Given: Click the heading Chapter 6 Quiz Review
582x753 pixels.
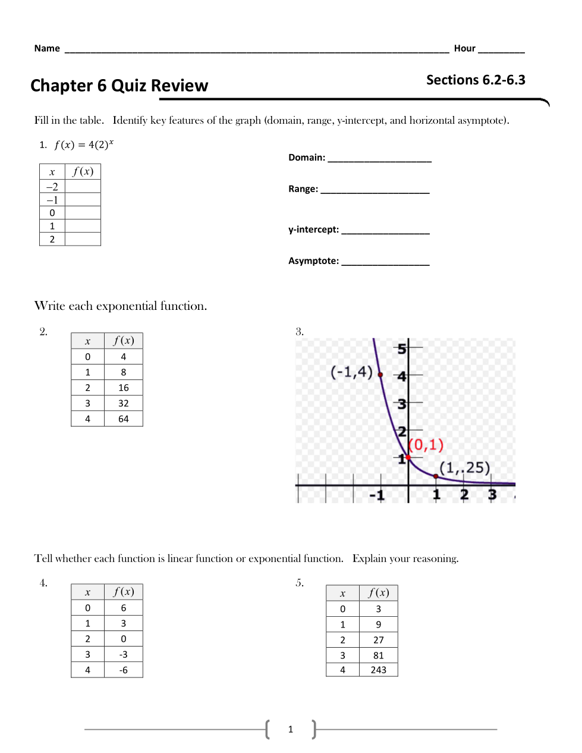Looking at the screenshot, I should coord(119,86).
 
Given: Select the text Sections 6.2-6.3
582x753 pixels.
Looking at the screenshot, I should coord(476,80).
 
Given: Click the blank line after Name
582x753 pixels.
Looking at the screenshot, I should coord(256,50).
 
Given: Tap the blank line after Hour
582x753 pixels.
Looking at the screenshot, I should coord(501,50).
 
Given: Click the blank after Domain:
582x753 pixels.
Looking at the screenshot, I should coord(379,159).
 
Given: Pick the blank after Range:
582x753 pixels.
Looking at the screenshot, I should coord(375,190).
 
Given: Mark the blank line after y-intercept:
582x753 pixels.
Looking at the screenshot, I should coord(385,231).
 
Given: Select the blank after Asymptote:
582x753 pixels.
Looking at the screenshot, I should coord(385,262).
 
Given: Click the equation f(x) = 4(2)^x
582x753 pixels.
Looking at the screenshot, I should coord(84,145).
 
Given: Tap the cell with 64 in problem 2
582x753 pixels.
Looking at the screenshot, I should coord(124,419).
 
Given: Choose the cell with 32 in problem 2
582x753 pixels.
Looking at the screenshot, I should coord(124,403).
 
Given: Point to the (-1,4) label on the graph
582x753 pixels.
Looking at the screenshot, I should coord(351,372).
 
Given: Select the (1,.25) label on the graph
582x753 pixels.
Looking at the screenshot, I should coord(464,468).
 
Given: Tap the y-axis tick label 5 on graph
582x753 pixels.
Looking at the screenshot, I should coord(402,349).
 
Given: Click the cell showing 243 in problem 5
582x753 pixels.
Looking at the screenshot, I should coord(379,670).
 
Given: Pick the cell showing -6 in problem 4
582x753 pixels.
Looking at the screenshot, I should coord(124,670).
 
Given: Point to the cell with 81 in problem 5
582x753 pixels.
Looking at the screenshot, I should coord(379,655).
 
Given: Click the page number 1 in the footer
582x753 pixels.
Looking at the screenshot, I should coord(291,729).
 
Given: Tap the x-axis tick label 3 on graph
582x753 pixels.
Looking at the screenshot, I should coord(492,495).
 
